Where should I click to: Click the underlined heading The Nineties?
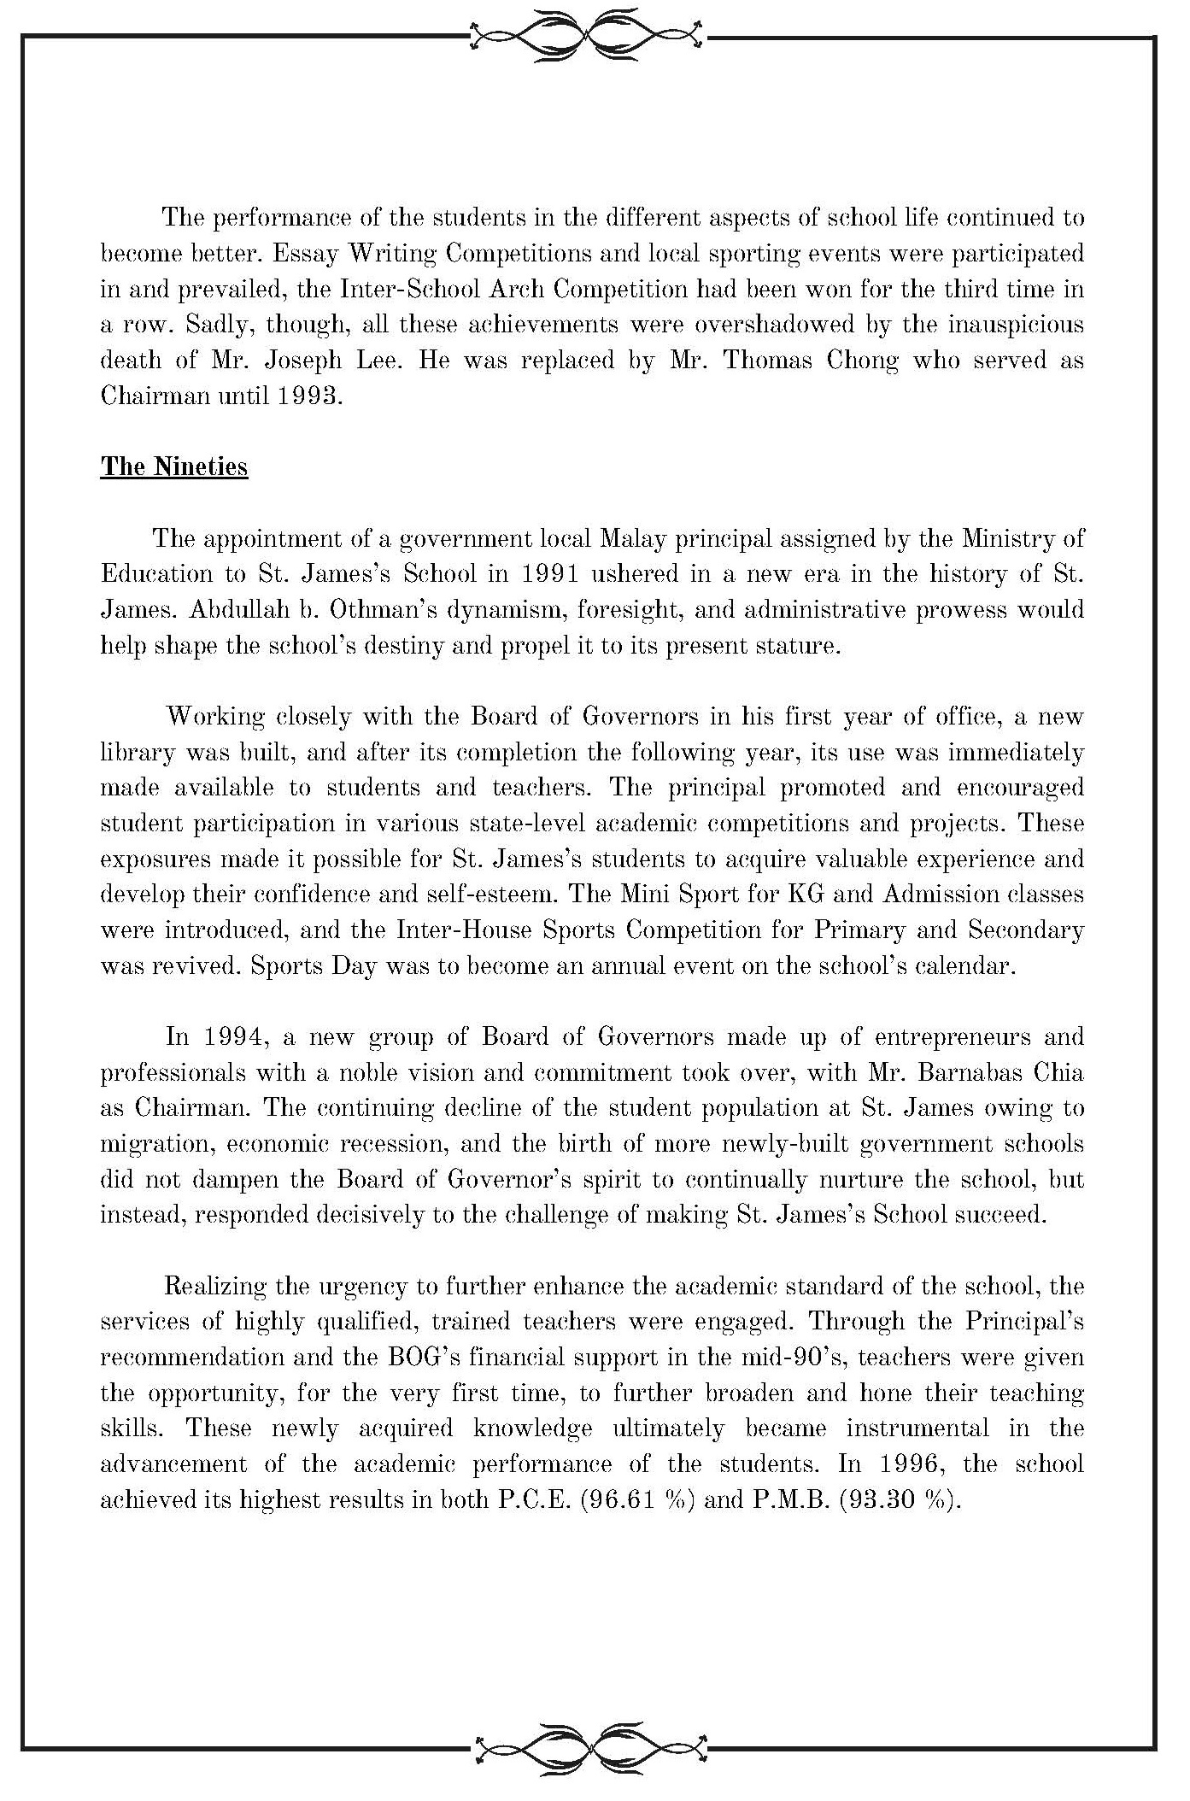point(174,466)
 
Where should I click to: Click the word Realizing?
point(214,1286)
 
